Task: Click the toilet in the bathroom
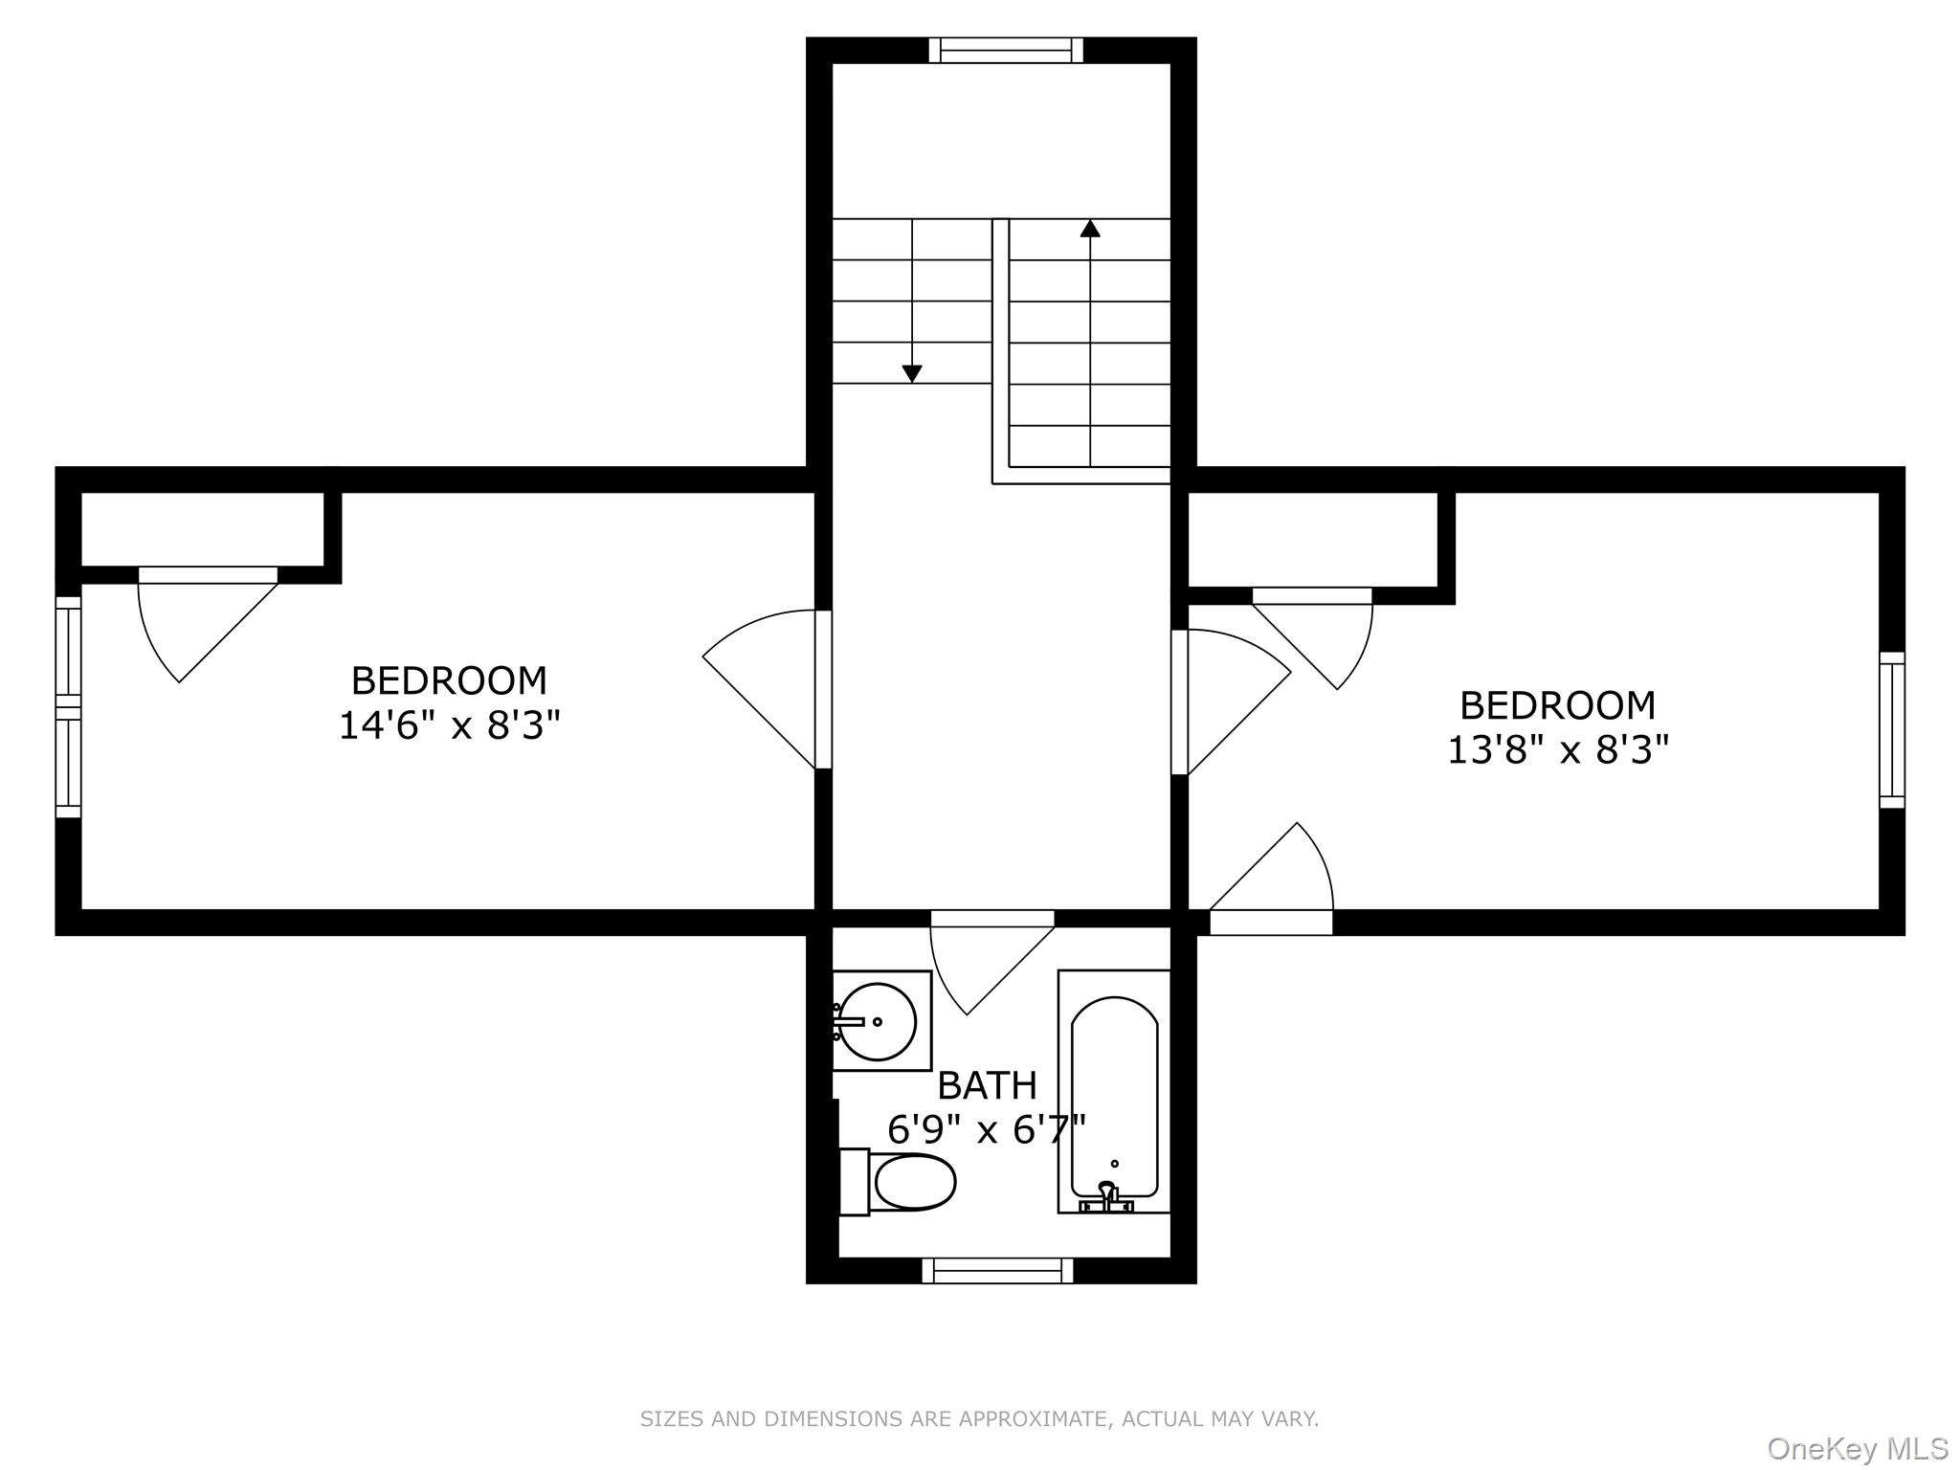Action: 899,1182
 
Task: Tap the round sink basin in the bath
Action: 877,1021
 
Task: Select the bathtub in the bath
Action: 1114,1092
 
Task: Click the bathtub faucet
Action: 1107,1197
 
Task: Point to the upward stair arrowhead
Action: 1090,228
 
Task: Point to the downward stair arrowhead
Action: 912,373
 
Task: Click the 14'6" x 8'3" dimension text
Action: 449,726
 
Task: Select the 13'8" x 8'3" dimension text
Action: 1557,750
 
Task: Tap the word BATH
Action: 987,1086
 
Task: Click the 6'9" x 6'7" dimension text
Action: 987,1130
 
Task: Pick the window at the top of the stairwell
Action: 1006,50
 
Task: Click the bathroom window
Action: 997,1270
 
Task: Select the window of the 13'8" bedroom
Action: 1892,730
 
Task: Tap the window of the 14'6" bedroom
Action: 68,707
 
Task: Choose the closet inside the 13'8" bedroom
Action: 1313,540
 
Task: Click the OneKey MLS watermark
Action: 1858,1450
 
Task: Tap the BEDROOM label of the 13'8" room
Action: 1557,705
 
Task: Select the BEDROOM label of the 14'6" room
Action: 449,681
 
